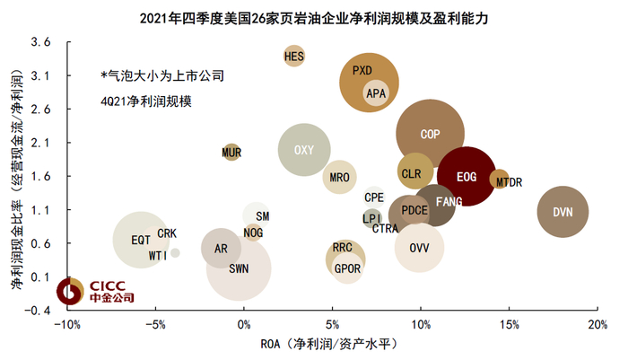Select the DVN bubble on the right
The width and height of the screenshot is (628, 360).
(x=563, y=212)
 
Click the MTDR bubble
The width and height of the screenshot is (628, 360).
(x=500, y=180)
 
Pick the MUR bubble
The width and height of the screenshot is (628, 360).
(x=231, y=153)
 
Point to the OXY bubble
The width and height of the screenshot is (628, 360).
(x=304, y=150)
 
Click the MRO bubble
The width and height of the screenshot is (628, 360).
(x=339, y=177)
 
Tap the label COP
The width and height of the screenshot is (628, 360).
(x=430, y=134)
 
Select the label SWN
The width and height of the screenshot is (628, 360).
(x=239, y=268)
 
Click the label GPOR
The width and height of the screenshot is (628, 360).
(x=347, y=268)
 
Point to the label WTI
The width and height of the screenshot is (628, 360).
(x=158, y=255)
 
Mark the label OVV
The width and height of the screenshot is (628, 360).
(x=419, y=247)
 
